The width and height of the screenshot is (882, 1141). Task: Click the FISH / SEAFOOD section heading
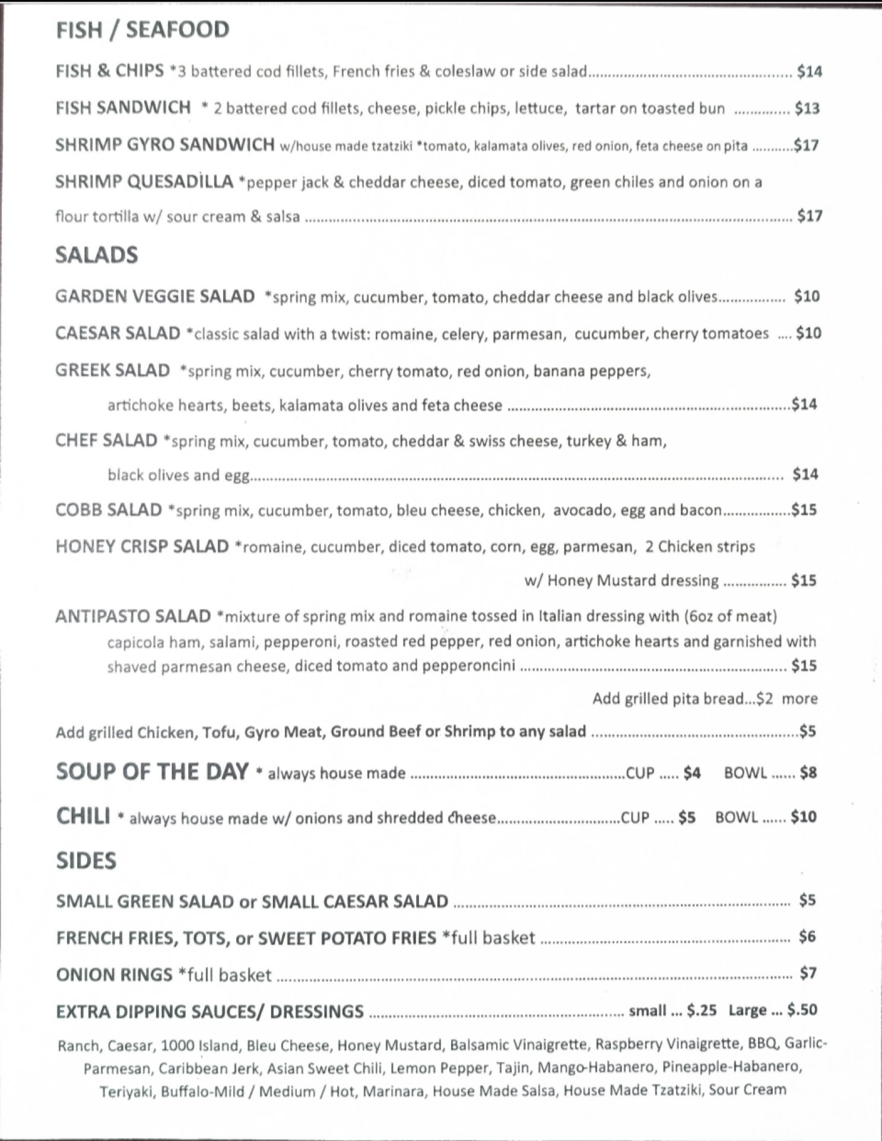tap(142, 30)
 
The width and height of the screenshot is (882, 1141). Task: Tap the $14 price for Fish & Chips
tap(809, 72)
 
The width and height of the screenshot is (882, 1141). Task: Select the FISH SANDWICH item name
tap(123, 108)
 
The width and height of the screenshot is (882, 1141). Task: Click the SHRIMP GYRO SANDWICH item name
tap(165, 145)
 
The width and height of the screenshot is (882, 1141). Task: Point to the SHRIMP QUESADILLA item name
tap(144, 182)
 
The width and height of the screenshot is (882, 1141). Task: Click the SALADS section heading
tap(97, 255)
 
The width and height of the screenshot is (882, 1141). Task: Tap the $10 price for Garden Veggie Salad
tap(807, 296)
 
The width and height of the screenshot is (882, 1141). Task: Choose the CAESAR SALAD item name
tap(118, 334)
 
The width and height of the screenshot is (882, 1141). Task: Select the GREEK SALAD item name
tap(113, 370)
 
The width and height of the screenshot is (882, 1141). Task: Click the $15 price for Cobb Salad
tap(804, 510)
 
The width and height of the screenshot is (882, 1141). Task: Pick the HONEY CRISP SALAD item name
tap(142, 547)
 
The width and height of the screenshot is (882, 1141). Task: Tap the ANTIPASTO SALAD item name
tap(134, 616)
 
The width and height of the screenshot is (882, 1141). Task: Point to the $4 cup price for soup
tap(691, 773)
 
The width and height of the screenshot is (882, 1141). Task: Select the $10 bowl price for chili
tap(804, 817)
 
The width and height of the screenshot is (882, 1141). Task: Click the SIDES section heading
tap(86, 861)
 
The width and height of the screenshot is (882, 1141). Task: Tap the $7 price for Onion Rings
tap(808, 974)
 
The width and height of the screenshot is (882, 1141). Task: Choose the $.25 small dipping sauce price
tap(702, 1010)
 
